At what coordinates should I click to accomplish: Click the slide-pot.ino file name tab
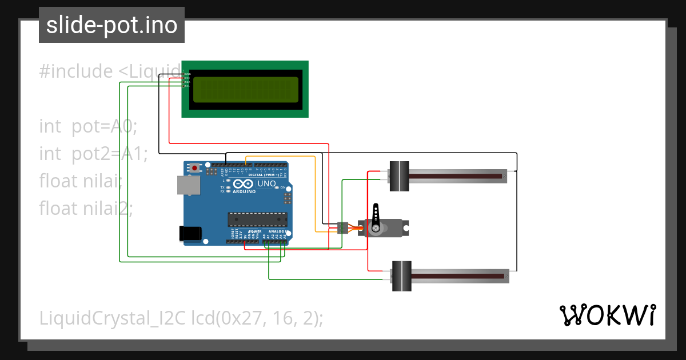(x=111, y=25)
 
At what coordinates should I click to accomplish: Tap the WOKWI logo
(x=607, y=315)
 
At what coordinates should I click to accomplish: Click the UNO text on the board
(x=266, y=184)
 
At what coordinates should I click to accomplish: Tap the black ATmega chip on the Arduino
(x=257, y=219)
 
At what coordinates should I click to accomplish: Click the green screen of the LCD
(x=245, y=90)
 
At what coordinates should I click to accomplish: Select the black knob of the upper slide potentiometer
(x=399, y=176)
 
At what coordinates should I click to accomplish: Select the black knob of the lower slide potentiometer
(x=401, y=275)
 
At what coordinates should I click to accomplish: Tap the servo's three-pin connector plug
(x=343, y=227)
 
